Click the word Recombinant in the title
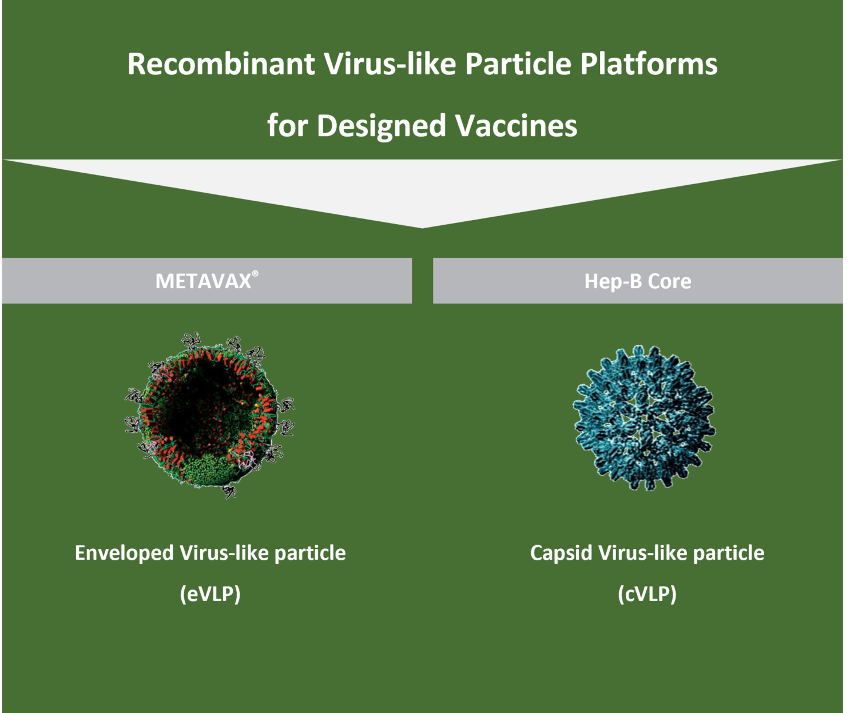pos(221,64)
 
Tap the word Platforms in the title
pos(649,64)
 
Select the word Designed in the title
pos(382,126)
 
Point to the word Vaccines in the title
pos(517,126)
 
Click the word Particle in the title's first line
pos(518,64)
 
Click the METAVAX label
pos(204,281)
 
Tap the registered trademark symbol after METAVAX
pos(255,273)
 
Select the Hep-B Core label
pos(637,281)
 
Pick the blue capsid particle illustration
pos(644,417)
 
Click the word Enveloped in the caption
pos(124,553)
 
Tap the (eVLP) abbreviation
pos(210,594)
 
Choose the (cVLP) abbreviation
pos(647,594)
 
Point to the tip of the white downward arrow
pos(422,226)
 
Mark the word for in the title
pos(287,126)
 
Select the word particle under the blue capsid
pos(728,553)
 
